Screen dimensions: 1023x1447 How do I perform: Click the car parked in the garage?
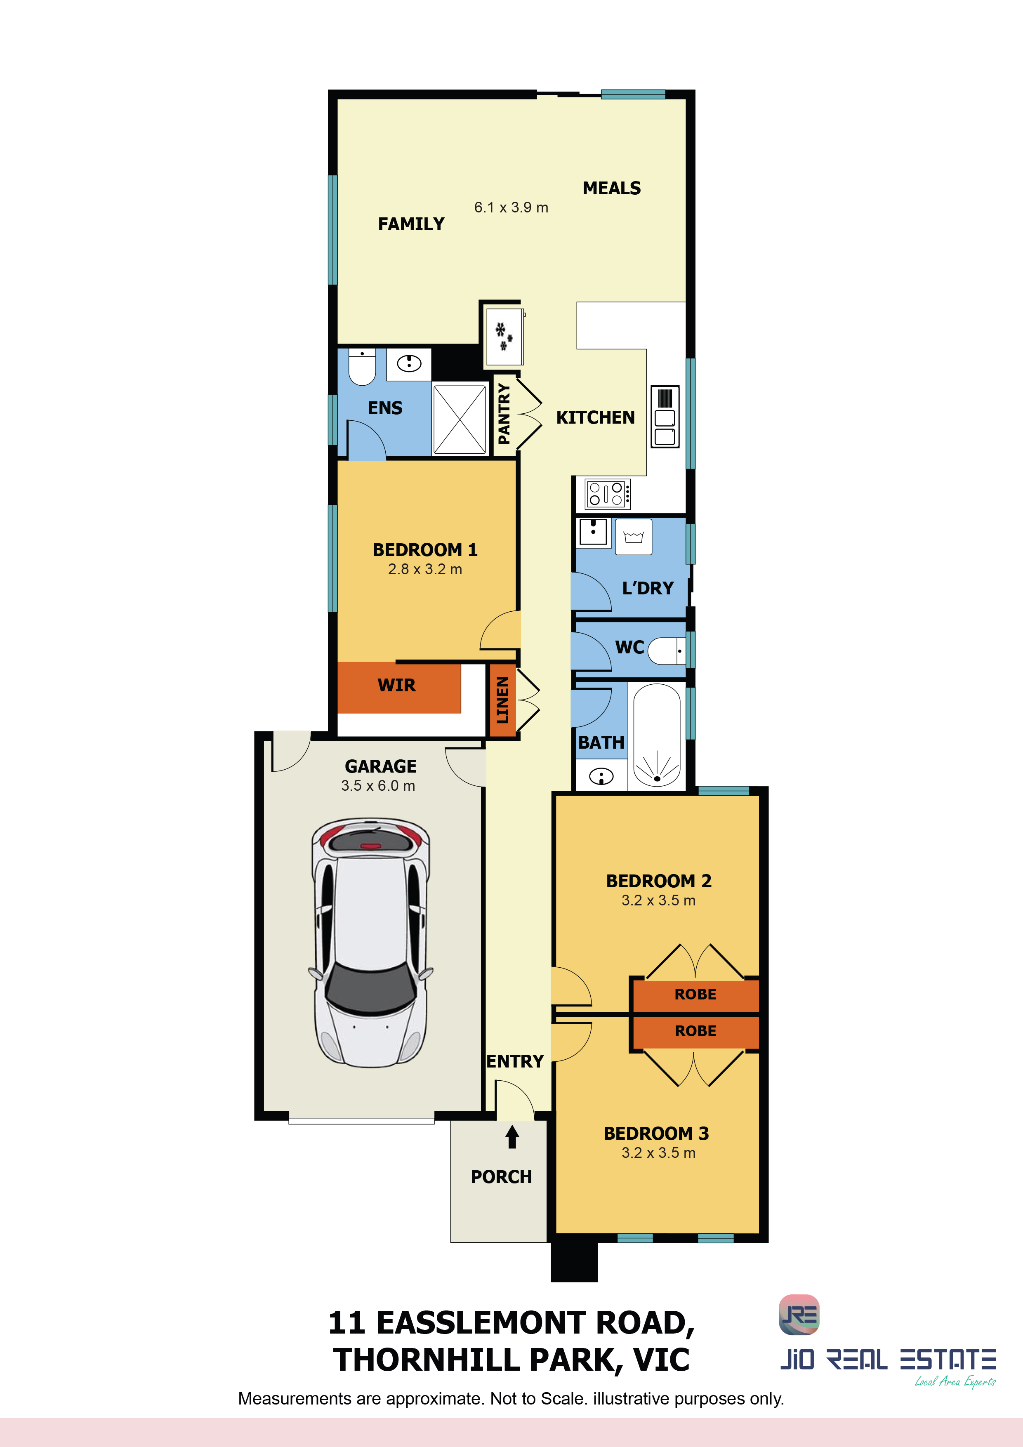click(x=370, y=943)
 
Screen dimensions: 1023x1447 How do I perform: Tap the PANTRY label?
click(x=504, y=414)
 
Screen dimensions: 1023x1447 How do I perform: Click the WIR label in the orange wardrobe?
click(x=396, y=685)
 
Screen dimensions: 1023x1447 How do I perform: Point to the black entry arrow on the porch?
click(x=512, y=1136)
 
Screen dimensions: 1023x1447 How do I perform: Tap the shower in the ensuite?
click(x=460, y=419)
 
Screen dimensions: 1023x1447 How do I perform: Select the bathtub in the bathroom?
click(x=657, y=735)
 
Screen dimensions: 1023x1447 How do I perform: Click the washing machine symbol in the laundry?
click(x=634, y=537)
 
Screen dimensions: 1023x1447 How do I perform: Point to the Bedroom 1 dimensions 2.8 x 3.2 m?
click(x=425, y=569)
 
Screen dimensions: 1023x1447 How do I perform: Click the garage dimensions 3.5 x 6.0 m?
click(x=378, y=786)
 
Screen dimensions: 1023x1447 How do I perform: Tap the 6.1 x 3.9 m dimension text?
click(x=511, y=207)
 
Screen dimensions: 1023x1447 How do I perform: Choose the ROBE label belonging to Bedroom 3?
click(x=695, y=1031)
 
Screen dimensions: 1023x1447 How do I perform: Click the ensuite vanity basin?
click(x=409, y=364)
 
